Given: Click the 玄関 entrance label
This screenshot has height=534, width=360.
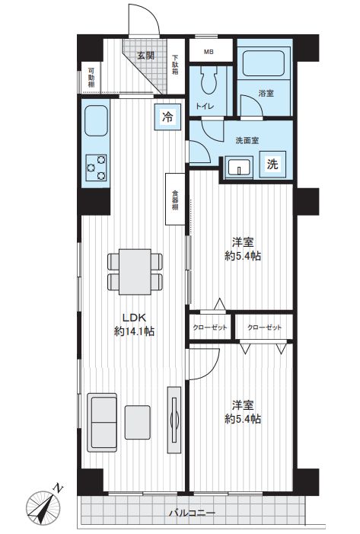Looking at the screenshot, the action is [x=146, y=56].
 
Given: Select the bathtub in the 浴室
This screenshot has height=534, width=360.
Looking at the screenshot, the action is [x=263, y=63].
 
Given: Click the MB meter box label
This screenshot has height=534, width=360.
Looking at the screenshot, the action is [x=209, y=52].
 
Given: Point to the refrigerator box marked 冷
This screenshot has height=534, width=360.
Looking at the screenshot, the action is [x=167, y=117].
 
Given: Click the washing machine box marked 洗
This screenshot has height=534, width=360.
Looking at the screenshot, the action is [x=272, y=165].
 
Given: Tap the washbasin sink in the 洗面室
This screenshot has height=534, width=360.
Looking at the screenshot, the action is [x=240, y=167].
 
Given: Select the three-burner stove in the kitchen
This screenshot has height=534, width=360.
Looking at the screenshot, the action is [x=97, y=168].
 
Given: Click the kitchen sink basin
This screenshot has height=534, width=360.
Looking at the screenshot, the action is [x=96, y=121].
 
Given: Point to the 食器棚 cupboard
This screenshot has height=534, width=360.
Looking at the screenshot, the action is [x=175, y=200].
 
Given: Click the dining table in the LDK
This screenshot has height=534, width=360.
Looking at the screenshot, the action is [x=135, y=272].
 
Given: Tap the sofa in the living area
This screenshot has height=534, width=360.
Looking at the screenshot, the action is [x=102, y=423].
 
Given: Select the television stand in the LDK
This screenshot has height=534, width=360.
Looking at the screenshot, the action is [x=174, y=419].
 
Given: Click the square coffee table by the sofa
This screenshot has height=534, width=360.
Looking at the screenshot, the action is [x=138, y=422].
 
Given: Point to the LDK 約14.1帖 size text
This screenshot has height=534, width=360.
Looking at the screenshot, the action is [x=135, y=325].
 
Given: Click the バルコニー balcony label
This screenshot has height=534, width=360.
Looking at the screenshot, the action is [x=193, y=513].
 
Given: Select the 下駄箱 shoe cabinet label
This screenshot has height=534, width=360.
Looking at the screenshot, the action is [x=175, y=65].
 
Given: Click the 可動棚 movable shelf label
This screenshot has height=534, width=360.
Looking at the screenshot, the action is [x=91, y=77].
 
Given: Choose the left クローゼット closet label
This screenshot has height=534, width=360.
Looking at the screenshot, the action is [x=210, y=328].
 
